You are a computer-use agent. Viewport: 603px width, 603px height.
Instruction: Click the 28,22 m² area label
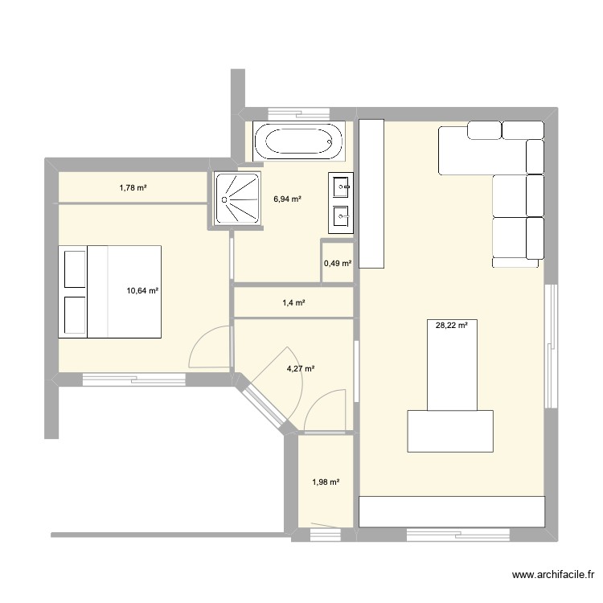(x=451, y=326)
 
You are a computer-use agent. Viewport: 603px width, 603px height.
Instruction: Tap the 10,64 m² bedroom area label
(x=142, y=292)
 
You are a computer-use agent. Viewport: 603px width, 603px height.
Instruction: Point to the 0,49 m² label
(x=338, y=263)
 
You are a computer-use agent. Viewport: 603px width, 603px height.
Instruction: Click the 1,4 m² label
(x=293, y=303)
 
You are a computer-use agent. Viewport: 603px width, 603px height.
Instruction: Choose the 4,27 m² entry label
(x=300, y=369)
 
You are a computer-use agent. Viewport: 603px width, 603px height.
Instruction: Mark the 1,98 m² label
(x=325, y=482)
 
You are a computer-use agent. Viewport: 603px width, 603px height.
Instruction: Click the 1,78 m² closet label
(x=133, y=188)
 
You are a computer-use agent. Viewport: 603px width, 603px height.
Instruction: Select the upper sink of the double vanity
(x=341, y=187)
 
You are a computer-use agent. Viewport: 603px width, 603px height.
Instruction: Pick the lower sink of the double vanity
(x=341, y=215)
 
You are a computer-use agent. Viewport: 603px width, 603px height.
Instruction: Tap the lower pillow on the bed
(x=74, y=315)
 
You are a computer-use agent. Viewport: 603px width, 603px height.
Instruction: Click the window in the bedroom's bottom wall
(x=134, y=378)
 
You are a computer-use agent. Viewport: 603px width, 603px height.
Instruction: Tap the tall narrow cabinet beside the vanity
(x=371, y=193)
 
